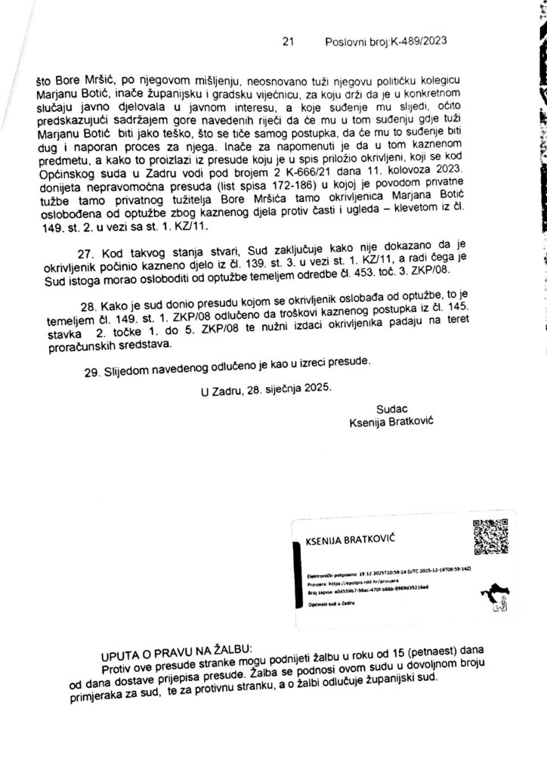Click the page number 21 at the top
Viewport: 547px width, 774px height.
click(x=286, y=43)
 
